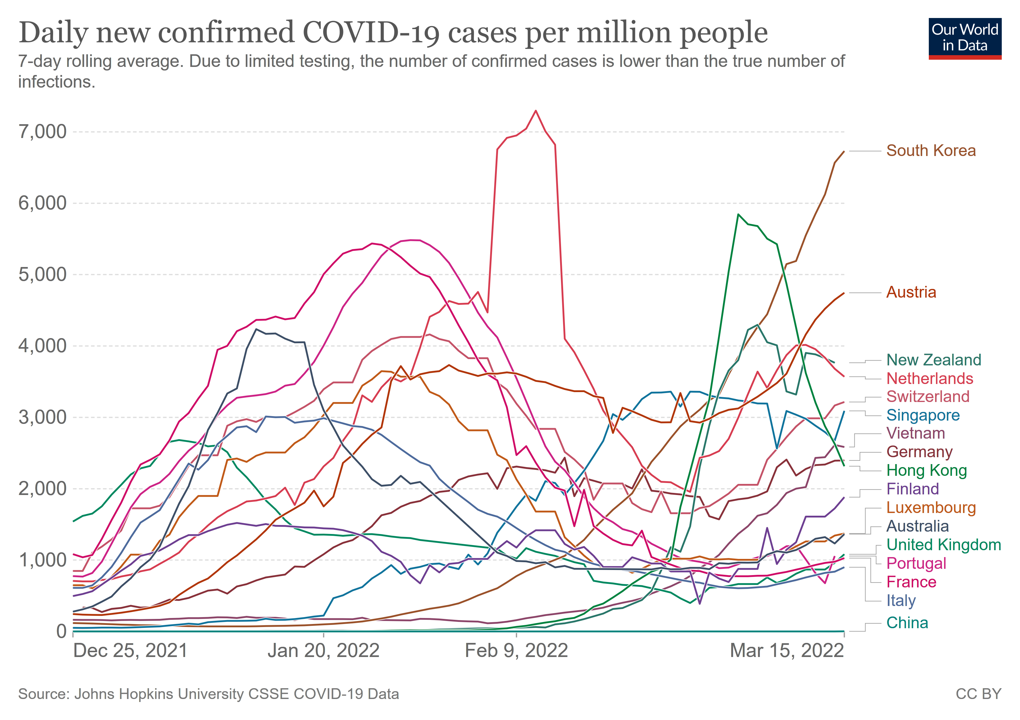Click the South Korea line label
point(931,151)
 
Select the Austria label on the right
point(911,292)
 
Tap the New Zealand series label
point(933,360)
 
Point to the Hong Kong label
point(926,470)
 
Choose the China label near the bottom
point(907,623)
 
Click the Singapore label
point(923,415)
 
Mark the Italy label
point(901,601)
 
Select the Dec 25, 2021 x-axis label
point(130,651)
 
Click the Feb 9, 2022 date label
point(516,651)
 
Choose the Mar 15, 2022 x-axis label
point(786,651)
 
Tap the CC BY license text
point(978,694)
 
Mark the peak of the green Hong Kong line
point(738,214)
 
